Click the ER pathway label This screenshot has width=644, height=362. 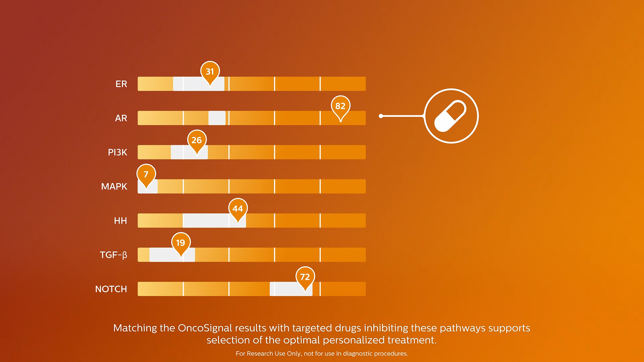(121, 84)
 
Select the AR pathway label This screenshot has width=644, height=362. (121, 118)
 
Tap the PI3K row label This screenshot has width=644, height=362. (117, 152)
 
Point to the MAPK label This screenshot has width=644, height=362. (114, 186)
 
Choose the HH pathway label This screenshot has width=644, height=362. (120, 221)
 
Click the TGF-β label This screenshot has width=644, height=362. (113, 255)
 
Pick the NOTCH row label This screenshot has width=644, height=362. (111, 289)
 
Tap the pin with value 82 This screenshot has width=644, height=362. (340, 106)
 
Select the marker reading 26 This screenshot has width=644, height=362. (197, 140)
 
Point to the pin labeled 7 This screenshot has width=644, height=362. (146, 175)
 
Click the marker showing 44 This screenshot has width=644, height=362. (238, 209)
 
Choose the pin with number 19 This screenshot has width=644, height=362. (181, 243)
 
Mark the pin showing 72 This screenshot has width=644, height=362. (305, 277)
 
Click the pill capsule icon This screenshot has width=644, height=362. (450, 116)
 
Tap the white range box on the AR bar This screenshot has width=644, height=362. (217, 118)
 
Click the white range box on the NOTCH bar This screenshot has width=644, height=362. (291, 289)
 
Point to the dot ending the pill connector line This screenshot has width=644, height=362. (381, 116)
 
